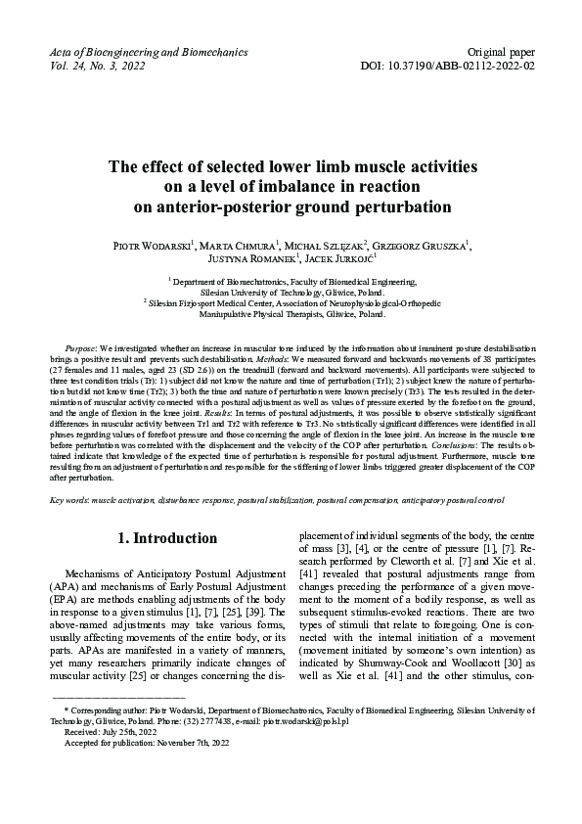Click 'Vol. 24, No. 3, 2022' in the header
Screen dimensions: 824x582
95,66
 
